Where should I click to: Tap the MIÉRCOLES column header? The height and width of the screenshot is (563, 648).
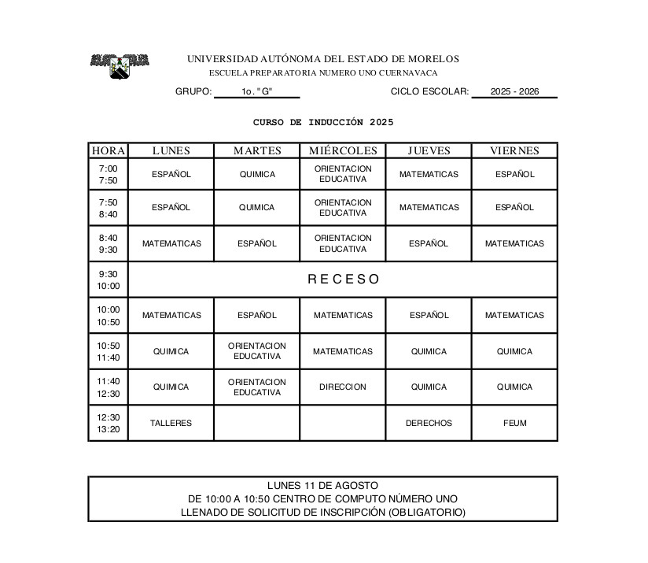(343, 150)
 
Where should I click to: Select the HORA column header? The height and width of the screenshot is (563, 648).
(108, 150)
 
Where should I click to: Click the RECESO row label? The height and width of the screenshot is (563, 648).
(343, 279)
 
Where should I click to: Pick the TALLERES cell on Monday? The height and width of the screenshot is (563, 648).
(171, 423)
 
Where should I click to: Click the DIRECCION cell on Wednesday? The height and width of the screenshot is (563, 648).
(343, 387)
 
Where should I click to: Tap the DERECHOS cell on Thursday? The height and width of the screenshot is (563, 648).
(429, 423)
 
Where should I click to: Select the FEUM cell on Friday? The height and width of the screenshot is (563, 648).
(514, 423)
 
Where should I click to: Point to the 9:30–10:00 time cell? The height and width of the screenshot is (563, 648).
(108, 280)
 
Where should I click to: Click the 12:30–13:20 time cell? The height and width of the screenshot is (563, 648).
(108, 423)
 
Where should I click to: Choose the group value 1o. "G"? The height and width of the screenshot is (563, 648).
(256, 91)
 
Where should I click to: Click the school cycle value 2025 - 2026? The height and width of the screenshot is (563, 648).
(514, 91)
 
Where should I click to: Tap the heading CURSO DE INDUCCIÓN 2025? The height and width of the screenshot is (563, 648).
(322, 122)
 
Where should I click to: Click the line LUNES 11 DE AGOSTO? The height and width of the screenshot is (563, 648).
(322, 485)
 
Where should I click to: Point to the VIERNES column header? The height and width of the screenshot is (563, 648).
(514, 150)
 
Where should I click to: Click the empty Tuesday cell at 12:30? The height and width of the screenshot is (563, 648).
(256, 423)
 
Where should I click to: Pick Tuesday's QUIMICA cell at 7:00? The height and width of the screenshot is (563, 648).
(257, 174)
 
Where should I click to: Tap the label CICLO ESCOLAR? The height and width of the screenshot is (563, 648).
(429, 91)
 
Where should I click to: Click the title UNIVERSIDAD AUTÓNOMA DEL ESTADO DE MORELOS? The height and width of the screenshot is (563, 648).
(322, 59)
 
